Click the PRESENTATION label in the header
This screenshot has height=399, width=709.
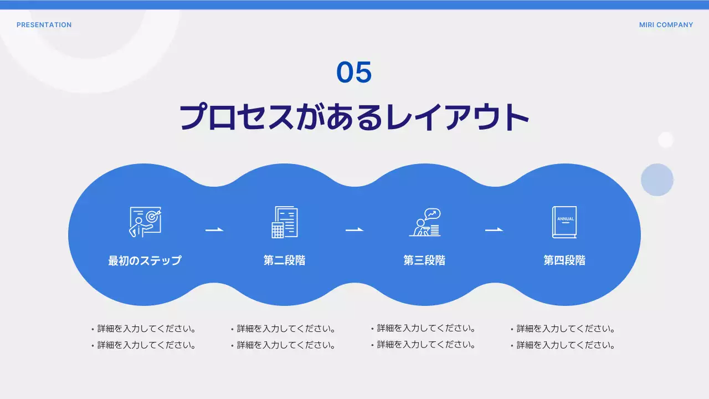[44, 25]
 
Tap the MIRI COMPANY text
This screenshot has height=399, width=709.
[666, 25]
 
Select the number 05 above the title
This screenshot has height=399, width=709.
[354, 73]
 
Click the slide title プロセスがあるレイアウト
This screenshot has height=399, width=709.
[354, 117]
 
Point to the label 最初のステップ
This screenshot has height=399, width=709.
[145, 260]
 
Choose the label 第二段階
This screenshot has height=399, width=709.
[285, 260]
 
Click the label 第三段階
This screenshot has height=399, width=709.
[424, 260]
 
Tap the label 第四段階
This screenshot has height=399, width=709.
[564, 260]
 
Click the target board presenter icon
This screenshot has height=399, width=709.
[145, 222]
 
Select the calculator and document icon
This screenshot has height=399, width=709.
[285, 222]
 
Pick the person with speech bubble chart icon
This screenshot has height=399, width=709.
[425, 222]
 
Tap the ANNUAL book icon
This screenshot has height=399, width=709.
[564, 222]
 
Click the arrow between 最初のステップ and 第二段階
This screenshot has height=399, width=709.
[214, 229]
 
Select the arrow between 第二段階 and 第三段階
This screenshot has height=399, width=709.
[354, 229]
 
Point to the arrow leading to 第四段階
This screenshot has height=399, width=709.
[494, 229]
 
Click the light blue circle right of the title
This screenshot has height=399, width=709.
[657, 180]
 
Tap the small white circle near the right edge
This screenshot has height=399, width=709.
[665, 140]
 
